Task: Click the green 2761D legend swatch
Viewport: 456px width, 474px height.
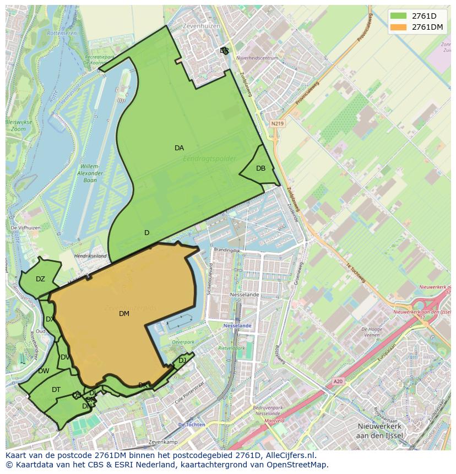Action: [x=398, y=16]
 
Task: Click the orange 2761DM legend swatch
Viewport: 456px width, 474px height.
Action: [x=398, y=27]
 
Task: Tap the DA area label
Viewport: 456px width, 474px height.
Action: [x=179, y=148]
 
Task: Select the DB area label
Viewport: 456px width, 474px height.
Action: [x=260, y=168]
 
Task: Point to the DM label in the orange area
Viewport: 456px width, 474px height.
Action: [x=124, y=314]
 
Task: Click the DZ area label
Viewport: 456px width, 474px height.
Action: [x=40, y=279]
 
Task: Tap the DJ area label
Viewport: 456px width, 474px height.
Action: [x=182, y=361]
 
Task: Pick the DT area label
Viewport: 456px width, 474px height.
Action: [x=56, y=390]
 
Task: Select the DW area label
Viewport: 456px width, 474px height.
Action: [x=44, y=371]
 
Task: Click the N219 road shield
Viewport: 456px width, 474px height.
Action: [x=277, y=124]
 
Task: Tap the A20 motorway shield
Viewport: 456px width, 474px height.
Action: [x=338, y=381]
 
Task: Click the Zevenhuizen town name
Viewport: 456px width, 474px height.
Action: [x=203, y=26]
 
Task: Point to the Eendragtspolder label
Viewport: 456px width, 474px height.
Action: [x=210, y=159]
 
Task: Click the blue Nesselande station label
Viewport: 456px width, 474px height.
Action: [x=237, y=325]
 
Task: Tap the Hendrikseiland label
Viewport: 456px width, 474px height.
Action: [x=91, y=256]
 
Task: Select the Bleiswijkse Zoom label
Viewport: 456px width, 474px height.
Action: [x=18, y=126]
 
